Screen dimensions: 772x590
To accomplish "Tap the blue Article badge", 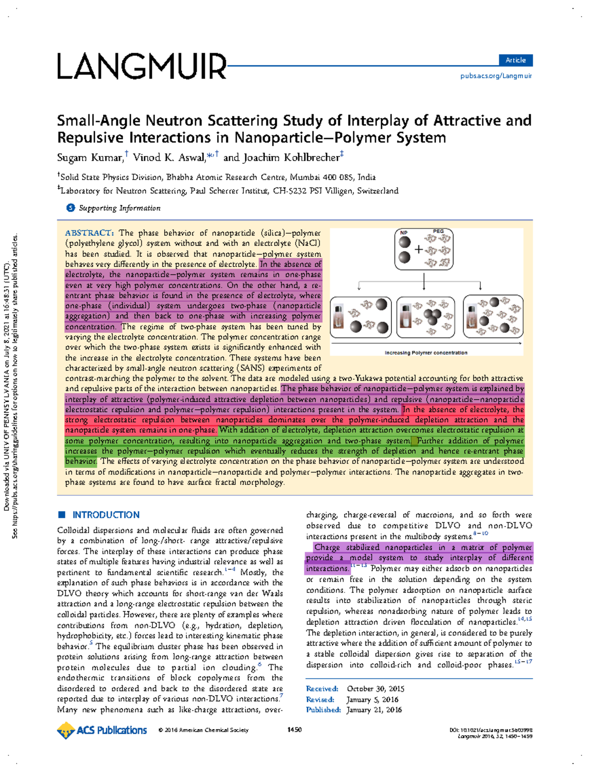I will [x=515, y=60].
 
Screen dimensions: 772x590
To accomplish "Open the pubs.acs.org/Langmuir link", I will [x=496, y=76].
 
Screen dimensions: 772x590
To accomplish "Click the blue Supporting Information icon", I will [x=71, y=208].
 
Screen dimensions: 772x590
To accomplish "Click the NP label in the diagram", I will [x=404, y=233].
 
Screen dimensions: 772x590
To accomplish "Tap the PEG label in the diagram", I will [x=438, y=231].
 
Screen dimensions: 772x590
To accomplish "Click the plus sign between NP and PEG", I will [x=418, y=249].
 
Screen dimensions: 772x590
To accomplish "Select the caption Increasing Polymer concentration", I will [x=426, y=353].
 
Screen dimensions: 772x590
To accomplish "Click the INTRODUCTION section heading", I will [x=106, y=515].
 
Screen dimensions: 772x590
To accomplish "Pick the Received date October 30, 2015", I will [x=376, y=689].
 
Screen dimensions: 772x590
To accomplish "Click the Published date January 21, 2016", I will [x=374, y=710].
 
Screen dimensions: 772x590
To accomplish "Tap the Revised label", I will [x=320, y=700].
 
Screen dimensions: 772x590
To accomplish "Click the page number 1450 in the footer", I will [x=294, y=730].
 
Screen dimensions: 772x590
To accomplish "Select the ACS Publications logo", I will [x=102, y=730].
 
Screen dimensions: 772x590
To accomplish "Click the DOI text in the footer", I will [x=491, y=730].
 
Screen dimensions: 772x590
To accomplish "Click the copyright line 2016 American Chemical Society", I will [x=204, y=730].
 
